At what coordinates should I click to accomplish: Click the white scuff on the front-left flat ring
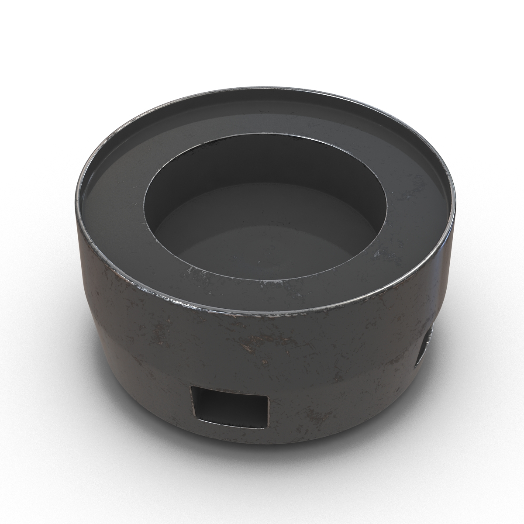(x=192, y=271)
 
